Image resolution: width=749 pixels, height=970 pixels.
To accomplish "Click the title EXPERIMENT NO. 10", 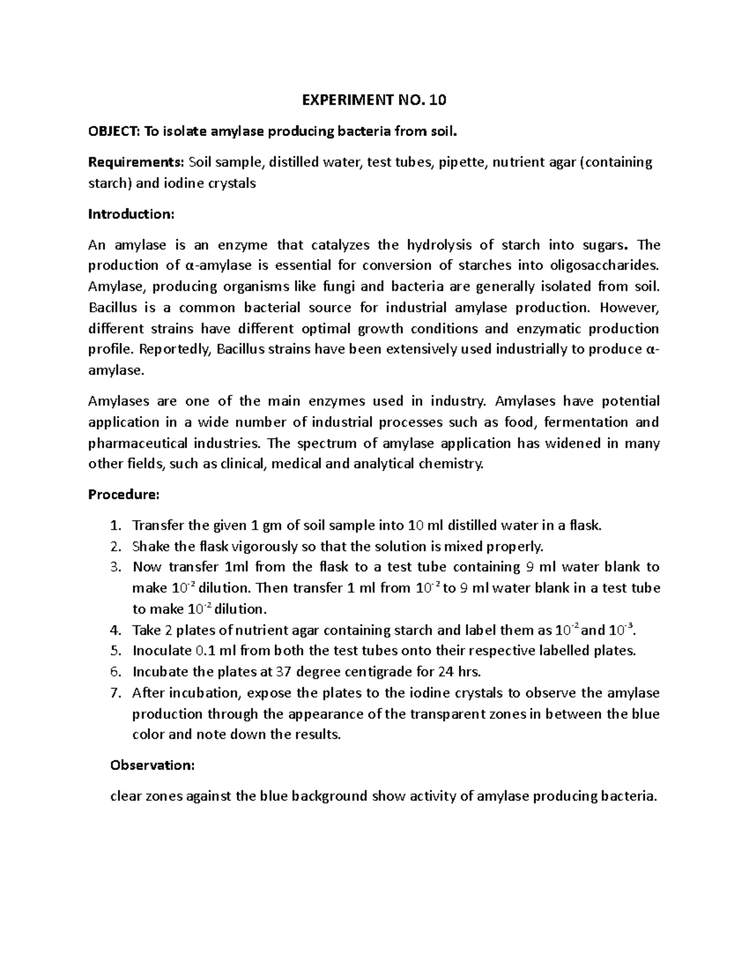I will tap(374, 100).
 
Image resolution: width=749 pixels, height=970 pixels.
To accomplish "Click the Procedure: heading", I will tap(124, 495).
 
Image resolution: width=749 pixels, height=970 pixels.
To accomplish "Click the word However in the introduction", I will tap(630, 307).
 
